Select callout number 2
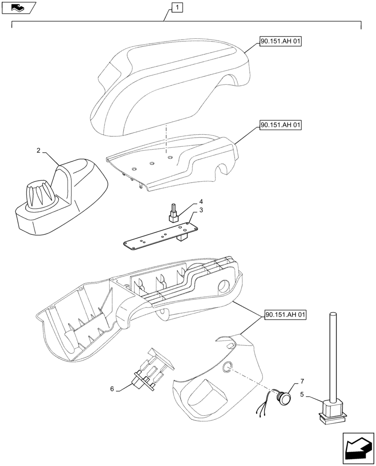[x=39, y=151]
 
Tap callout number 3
[x=201, y=211]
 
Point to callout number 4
[x=201, y=202]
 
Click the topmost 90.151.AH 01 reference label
[x=281, y=42]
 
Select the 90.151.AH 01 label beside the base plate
[x=281, y=125]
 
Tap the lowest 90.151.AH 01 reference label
[x=285, y=315]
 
